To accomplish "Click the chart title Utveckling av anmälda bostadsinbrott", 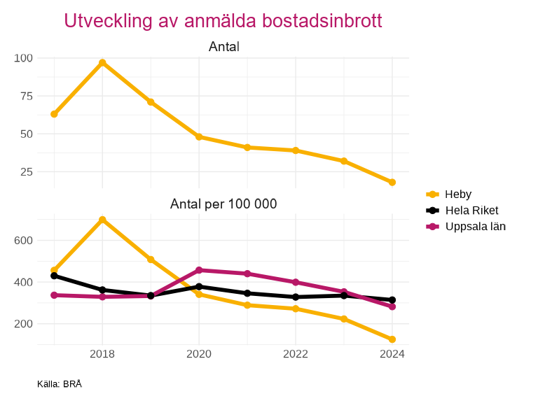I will point(223,21).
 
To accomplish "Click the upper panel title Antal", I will point(223,47).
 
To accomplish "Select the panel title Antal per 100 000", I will point(223,204).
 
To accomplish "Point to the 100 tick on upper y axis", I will point(24,58).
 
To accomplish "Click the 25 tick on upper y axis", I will point(27,172).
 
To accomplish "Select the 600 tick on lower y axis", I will point(24,241).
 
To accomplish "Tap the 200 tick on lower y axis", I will point(24,324).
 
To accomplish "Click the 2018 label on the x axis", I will point(102,355).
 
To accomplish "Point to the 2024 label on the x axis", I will point(392,355).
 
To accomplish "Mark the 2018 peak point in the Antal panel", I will point(102,63).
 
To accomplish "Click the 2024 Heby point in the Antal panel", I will point(392,183).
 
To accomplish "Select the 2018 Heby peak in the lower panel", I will point(102,220).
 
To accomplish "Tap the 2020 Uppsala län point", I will point(199,270).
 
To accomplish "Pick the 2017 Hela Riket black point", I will point(54,276).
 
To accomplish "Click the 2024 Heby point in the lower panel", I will point(392,339).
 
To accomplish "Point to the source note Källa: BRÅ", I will point(60,384).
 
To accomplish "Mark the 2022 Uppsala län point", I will point(296,283).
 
